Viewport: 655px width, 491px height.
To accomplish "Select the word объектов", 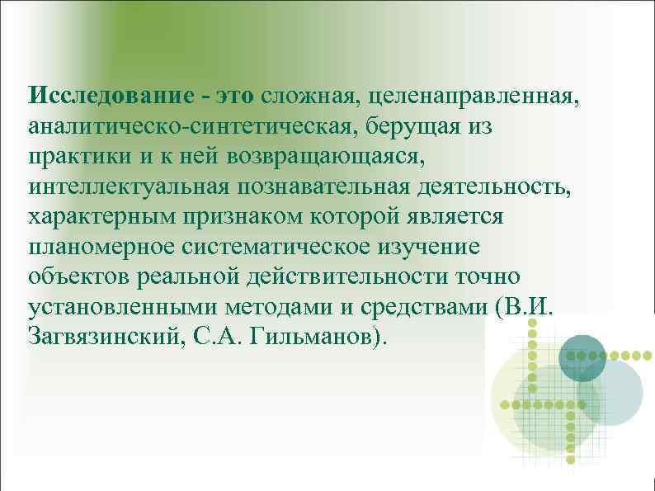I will pyautogui.click(x=77, y=277).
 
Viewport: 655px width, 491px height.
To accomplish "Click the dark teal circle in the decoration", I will pyautogui.click(x=582, y=357).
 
